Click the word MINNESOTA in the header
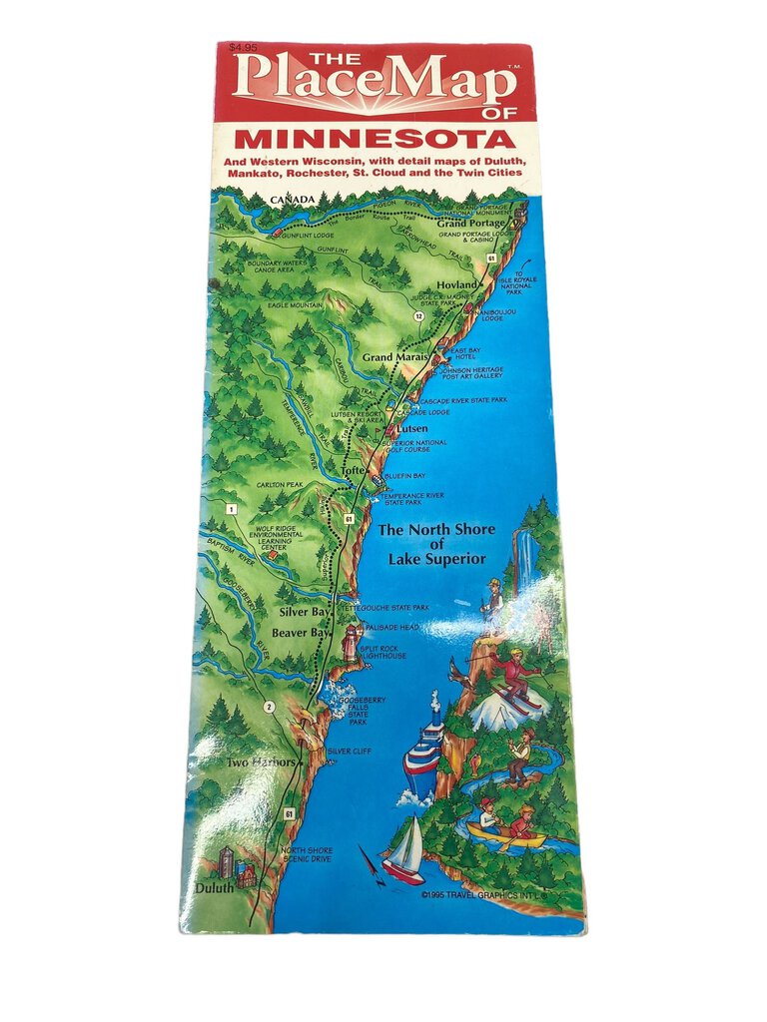pyautogui.click(x=375, y=138)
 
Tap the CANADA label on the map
pyautogui.click(x=292, y=201)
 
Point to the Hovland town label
pyautogui.click(x=457, y=284)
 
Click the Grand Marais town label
pyautogui.click(x=394, y=356)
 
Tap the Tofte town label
pyautogui.click(x=354, y=469)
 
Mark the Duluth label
pyautogui.click(x=214, y=886)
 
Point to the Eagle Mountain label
pyautogui.click(x=292, y=304)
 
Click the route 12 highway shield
pyautogui.click(x=419, y=316)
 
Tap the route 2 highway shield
pyautogui.click(x=269, y=708)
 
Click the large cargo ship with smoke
pyautogui.click(x=423, y=754)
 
